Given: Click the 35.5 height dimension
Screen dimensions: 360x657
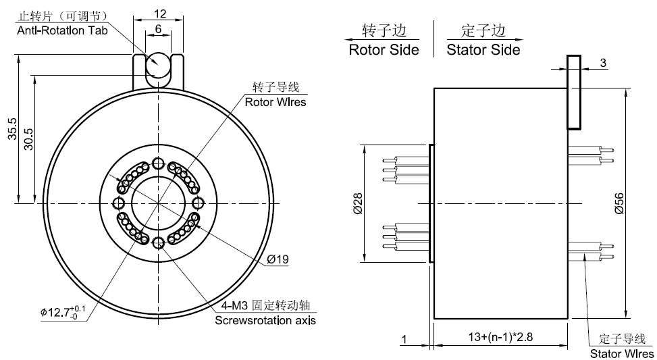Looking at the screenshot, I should coord(12,129).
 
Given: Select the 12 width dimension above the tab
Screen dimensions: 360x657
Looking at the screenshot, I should coord(159,14).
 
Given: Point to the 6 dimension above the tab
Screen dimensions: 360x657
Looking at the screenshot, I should coord(157,29).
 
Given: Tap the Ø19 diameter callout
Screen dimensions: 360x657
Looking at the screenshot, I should coord(278,259).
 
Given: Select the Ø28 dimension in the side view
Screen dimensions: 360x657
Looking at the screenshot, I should coord(358,203).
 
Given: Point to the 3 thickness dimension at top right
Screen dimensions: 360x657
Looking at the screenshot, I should coord(603,63).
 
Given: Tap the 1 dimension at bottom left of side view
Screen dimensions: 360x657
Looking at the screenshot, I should coord(403,338).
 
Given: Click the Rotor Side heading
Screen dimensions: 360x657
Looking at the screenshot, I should coord(384,50).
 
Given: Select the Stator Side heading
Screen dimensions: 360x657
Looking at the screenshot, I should coord(483,50).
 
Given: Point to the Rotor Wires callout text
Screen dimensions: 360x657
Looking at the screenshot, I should coord(275,103).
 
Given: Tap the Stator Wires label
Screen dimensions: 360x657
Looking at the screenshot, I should coord(622,353).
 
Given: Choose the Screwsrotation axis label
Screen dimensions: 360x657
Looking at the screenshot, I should coord(265,320).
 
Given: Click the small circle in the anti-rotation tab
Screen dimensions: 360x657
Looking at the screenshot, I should coord(159,66).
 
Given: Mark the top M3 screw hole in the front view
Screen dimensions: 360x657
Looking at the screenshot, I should coord(159,163).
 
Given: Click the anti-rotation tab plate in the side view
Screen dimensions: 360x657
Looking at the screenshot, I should coord(573,92).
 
